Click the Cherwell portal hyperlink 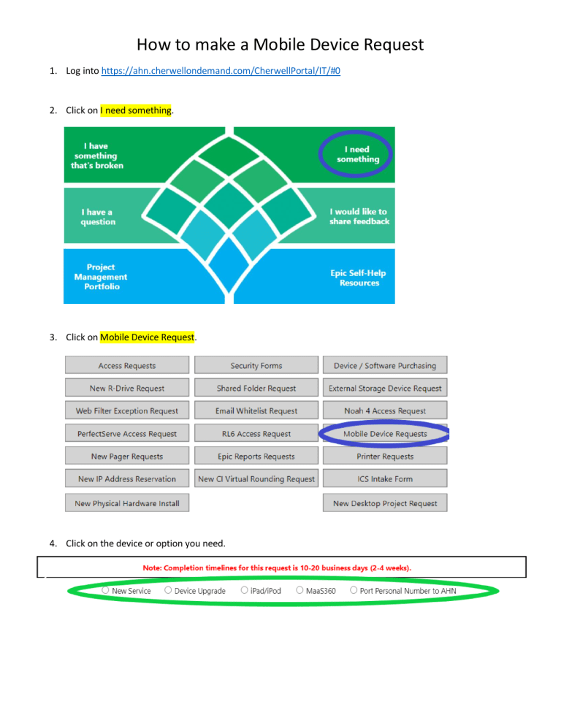[221, 71]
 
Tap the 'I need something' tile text [358, 154]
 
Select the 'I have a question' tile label [98, 217]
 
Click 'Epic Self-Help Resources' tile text [358, 278]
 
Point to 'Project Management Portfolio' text [101, 277]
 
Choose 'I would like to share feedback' [359, 216]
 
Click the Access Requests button [127, 365]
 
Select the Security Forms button [256, 365]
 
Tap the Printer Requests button [385, 456]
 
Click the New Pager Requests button [127, 456]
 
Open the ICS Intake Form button [385, 478]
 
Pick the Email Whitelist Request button [256, 410]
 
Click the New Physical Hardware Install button [127, 503]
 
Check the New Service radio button [106, 590]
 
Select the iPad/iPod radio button [244, 590]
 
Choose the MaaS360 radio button [299, 590]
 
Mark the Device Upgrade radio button [168, 590]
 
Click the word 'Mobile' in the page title [279, 45]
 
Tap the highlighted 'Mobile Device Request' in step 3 [148, 337]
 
